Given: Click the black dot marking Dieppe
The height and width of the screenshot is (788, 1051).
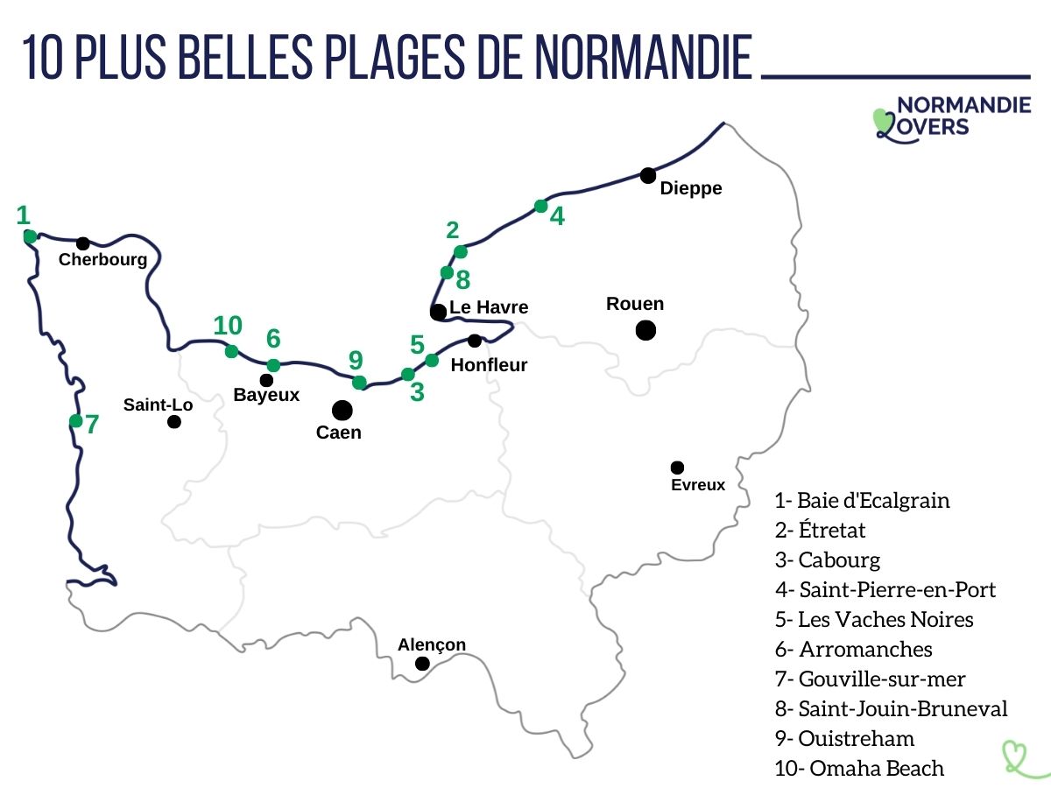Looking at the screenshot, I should (x=647, y=175).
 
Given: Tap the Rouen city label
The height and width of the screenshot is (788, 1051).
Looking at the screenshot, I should (x=635, y=304).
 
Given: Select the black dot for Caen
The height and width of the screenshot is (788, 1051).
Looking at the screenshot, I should (x=342, y=410).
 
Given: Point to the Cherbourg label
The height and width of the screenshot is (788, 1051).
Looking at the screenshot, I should (x=102, y=259).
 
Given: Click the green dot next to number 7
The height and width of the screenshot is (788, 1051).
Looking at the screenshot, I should (x=76, y=421).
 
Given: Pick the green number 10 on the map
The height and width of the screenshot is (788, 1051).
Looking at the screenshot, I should (x=228, y=326).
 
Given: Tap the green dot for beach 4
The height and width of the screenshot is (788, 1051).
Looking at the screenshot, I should (x=540, y=207).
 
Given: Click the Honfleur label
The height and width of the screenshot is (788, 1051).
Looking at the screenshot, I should (x=489, y=365).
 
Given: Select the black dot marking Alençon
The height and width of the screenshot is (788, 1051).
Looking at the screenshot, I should (x=422, y=664).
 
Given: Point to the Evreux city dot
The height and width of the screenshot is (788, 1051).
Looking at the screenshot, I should (x=677, y=468).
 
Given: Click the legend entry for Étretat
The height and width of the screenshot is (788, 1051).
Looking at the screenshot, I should (x=821, y=530).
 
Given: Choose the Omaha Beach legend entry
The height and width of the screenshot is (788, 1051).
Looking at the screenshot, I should (x=859, y=769).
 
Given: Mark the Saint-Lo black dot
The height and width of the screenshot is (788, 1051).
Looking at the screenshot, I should (x=174, y=422).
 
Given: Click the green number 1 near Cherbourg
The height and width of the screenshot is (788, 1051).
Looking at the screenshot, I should (x=24, y=215).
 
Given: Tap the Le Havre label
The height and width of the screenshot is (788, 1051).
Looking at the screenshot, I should (x=489, y=307).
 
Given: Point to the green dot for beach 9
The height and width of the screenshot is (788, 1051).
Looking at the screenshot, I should (x=359, y=382).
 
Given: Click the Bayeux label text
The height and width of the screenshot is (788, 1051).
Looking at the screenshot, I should (x=266, y=395).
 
